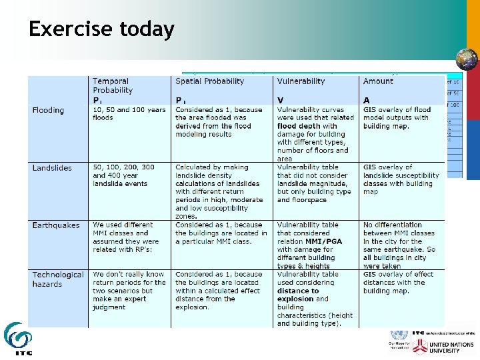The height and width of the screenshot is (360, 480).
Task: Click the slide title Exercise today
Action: point(101,30)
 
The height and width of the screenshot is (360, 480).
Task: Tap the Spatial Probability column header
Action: point(209,81)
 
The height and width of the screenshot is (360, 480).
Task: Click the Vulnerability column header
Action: point(301,81)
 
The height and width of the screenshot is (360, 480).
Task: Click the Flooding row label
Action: point(48,110)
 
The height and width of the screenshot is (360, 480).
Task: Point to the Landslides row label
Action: point(52,167)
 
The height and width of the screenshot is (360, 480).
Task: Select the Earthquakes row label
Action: point(55,225)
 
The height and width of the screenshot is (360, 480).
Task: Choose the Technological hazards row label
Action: point(57,279)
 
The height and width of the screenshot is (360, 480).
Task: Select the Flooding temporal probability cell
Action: point(129,114)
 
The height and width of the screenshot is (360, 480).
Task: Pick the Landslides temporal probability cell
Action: point(123,175)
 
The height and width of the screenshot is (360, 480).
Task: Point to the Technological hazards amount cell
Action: point(398,283)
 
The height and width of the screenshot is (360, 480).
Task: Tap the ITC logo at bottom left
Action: point(17,339)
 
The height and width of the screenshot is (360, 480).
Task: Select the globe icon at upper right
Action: point(467,59)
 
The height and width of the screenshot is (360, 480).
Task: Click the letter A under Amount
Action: point(366,101)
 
